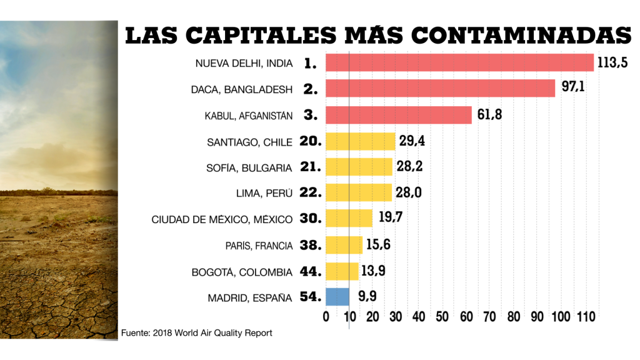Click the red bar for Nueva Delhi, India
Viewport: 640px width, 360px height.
[459, 62]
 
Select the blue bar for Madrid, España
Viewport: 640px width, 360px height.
[337, 297]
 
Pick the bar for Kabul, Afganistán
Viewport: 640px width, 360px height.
[399, 115]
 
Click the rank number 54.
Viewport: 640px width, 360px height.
[311, 297]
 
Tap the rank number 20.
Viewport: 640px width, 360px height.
[311, 142]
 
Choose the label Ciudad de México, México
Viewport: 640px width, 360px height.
[222, 220]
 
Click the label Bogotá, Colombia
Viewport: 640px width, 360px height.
[242, 272]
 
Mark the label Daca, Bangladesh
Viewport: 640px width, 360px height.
[241, 89]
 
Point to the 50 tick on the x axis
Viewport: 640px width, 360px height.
[442, 317]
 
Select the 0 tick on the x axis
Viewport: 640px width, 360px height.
[326, 317]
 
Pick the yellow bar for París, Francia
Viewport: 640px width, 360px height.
[344, 245]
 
